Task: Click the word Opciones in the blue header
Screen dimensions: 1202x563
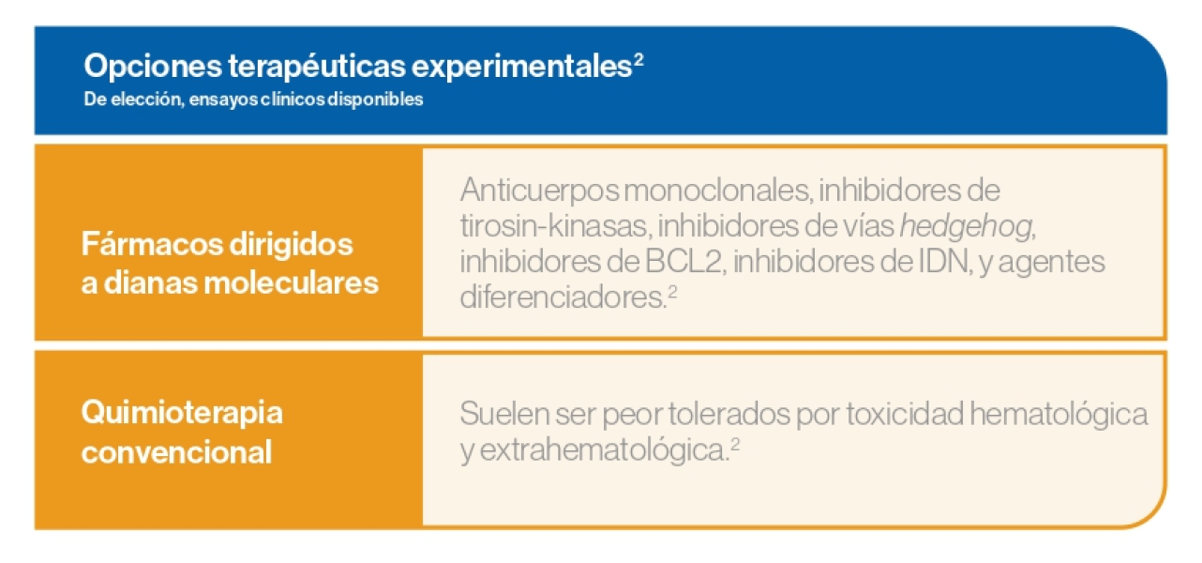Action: pyautogui.click(x=153, y=67)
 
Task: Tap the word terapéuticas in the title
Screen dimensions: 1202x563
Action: pyautogui.click(x=317, y=67)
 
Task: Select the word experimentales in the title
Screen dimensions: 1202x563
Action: pyautogui.click(x=522, y=67)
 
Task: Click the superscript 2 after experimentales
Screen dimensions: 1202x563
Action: pyautogui.click(x=639, y=58)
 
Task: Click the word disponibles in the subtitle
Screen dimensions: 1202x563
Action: pyautogui.click(x=375, y=99)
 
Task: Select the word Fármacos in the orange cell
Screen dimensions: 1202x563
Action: pyautogui.click(x=152, y=244)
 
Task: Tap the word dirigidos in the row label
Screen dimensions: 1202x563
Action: pyautogui.click(x=292, y=245)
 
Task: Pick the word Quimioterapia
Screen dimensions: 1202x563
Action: pyautogui.click(x=182, y=414)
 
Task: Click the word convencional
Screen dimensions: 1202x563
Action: pyautogui.click(x=176, y=452)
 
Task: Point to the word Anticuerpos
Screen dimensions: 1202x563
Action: pyautogui.click(x=539, y=191)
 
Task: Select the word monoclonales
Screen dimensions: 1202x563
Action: pyautogui.click(x=718, y=190)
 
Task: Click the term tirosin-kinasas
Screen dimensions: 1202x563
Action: pyautogui.click(x=556, y=225)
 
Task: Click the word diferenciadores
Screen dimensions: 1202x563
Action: pyautogui.click(x=563, y=297)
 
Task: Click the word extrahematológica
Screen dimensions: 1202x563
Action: pyautogui.click(x=604, y=450)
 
